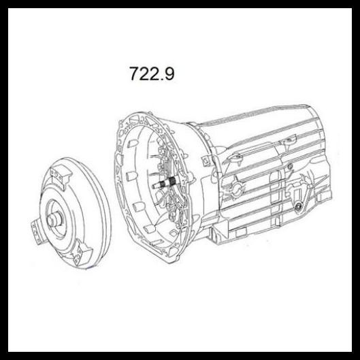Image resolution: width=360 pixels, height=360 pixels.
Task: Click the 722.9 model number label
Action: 151,73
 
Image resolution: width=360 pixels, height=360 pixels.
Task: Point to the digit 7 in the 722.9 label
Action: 134,73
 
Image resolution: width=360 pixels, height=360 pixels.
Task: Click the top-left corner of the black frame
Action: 5,5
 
